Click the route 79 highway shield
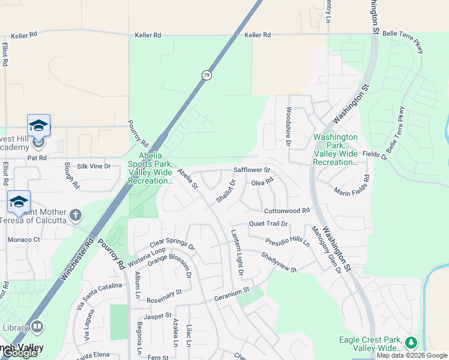point(206,76)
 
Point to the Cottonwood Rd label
point(287,211)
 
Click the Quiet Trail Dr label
point(269,224)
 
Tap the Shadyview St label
point(279,262)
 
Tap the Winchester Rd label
point(77,260)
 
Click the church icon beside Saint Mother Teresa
point(76,214)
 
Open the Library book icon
point(37,327)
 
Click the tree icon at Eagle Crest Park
point(411,343)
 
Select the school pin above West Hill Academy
point(38,125)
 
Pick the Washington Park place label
point(336,149)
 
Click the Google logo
point(20,353)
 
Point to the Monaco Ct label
point(23,239)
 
